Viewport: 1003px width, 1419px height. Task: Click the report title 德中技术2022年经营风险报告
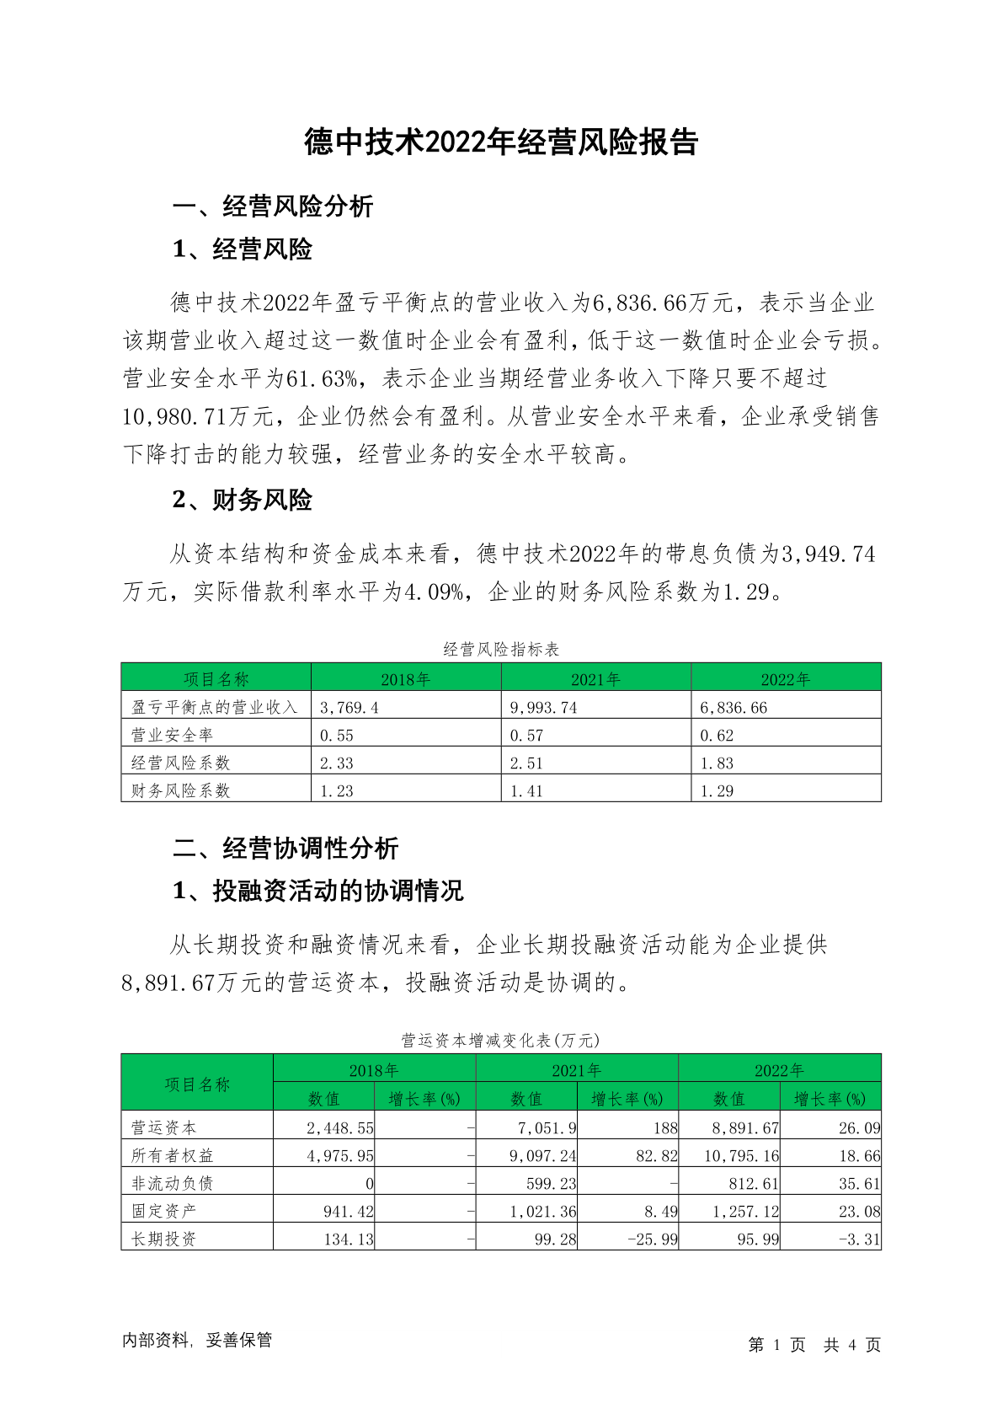(501, 142)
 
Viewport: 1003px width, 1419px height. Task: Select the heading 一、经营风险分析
(273, 206)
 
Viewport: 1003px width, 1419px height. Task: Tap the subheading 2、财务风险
(243, 501)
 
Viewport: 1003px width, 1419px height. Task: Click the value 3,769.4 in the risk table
(349, 708)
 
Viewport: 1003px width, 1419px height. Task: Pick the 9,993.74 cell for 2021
(544, 708)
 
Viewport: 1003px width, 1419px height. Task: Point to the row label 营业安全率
(173, 736)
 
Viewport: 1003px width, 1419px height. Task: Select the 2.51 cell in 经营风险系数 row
(527, 763)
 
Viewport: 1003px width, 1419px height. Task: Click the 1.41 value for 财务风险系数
(527, 791)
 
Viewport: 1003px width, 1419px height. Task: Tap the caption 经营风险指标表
(501, 650)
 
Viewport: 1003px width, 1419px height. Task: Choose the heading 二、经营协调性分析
(285, 849)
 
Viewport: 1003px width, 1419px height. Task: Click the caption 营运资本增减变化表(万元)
(501, 1041)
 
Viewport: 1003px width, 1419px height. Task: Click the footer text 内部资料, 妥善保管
(197, 1341)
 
